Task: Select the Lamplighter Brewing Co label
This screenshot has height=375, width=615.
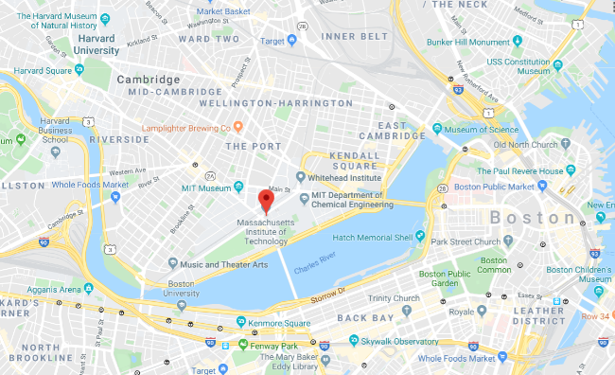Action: [x=186, y=128]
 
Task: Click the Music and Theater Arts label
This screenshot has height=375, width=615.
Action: [x=224, y=263]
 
